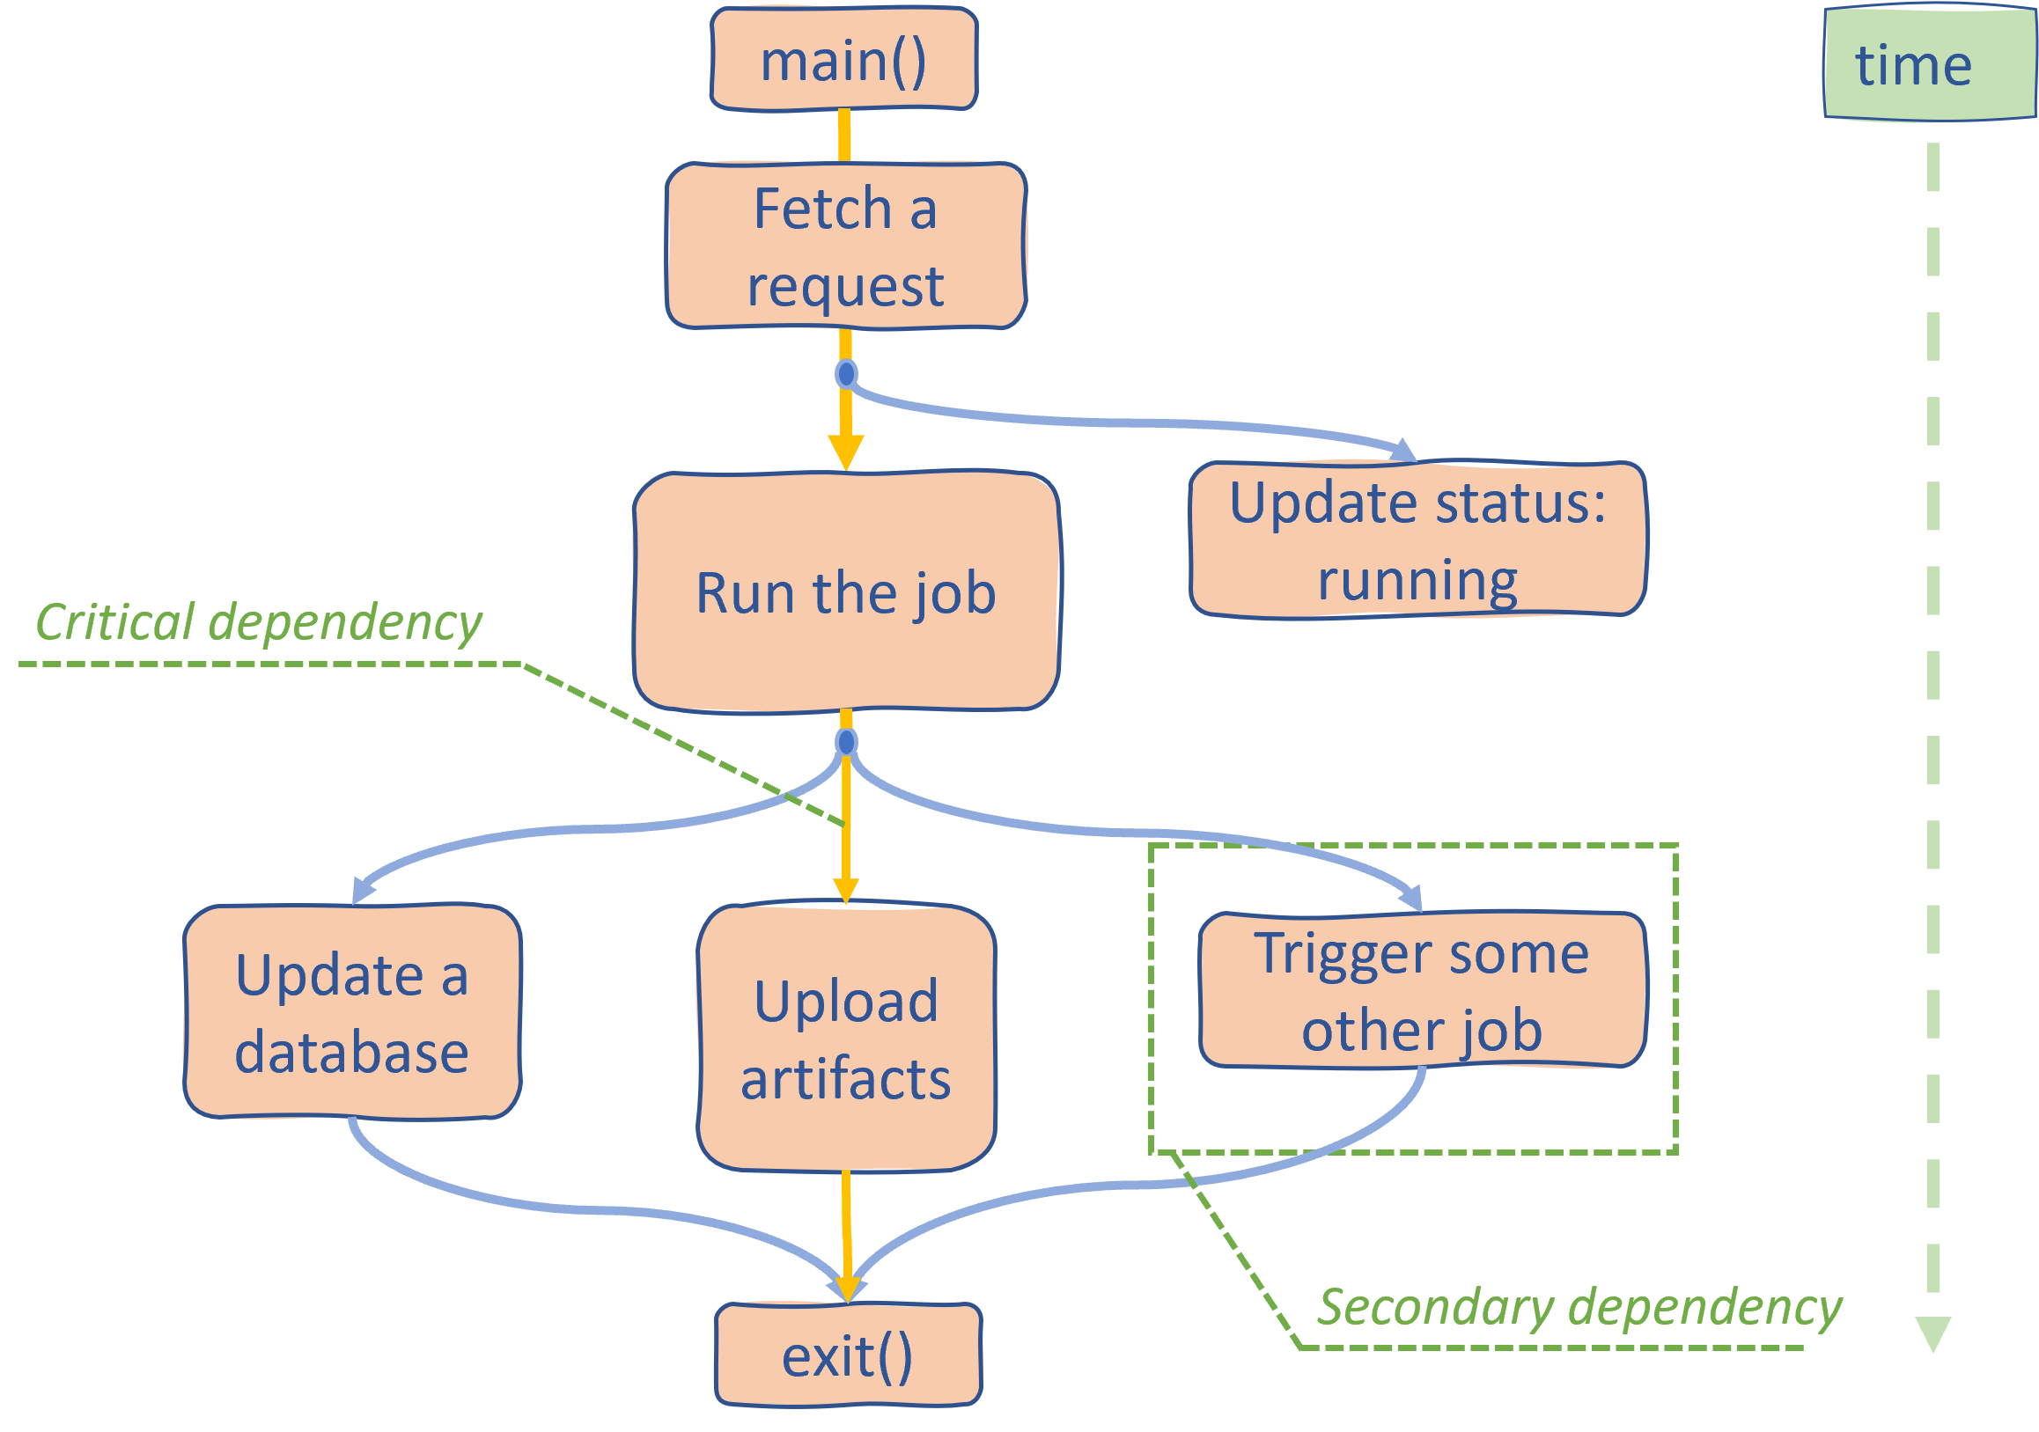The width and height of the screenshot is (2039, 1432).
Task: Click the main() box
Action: pos(843,60)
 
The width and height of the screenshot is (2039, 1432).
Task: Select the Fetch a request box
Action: pos(845,246)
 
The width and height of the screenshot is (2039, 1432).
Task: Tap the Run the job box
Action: pos(845,592)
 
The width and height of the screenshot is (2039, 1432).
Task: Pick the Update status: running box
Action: pos(1417,540)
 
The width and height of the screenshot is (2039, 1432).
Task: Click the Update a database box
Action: pos(351,1012)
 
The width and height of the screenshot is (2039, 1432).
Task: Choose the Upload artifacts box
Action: pos(845,1038)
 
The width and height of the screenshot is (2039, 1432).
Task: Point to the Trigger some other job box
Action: pos(1422,990)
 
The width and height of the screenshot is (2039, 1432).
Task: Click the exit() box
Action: pos(847,1355)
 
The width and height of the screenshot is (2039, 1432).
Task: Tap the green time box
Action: pos(1928,65)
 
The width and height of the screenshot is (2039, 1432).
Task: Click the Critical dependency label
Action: pos(258,621)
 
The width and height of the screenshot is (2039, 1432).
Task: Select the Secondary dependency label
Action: pos(1578,1307)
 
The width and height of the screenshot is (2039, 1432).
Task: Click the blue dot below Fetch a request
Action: pos(846,374)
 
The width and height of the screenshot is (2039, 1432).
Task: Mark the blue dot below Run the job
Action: pos(846,741)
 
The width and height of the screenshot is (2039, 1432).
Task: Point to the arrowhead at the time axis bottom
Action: pos(1932,1332)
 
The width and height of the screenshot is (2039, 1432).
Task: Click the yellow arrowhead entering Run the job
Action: pos(846,452)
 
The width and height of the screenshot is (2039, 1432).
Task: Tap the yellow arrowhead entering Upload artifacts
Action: pos(846,891)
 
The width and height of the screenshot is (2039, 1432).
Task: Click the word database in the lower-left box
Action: pos(351,1052)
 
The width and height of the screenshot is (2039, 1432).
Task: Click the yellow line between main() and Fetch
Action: pos(844,136)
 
